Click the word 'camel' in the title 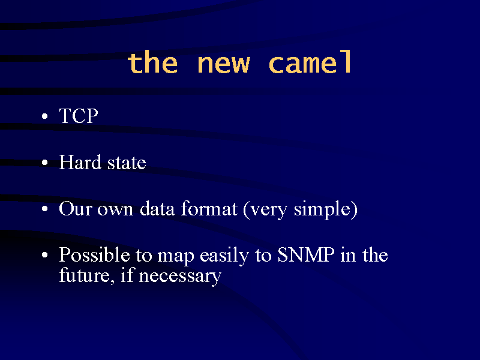310,62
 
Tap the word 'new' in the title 224,64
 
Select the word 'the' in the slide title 152,62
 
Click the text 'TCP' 79,116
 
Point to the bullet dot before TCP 45,116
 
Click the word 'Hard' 80,162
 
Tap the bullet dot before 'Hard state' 45,163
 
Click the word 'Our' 76,209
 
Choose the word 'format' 209,209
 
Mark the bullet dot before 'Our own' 45,209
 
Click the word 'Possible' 94,254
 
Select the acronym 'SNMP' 306,254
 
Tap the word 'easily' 224,256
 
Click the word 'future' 85,275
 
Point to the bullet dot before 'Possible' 45,255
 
